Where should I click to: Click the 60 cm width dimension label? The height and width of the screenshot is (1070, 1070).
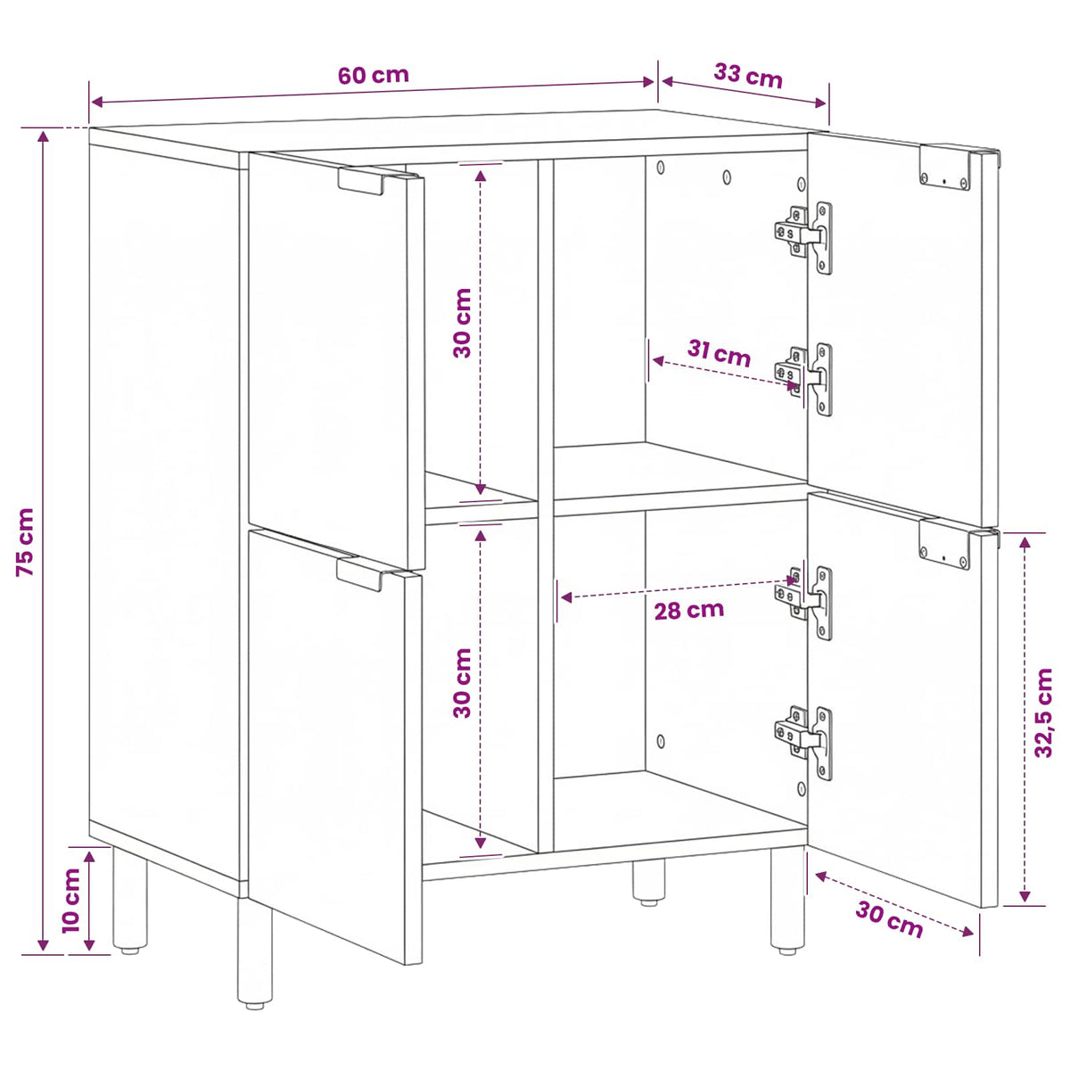(373, 75)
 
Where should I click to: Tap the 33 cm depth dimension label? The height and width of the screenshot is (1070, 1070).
(747, 76)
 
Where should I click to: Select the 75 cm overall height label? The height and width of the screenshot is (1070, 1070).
(26, 542)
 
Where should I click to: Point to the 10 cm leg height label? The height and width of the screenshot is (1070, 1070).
(71, 901)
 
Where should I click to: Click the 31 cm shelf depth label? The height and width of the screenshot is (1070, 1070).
(719, 353)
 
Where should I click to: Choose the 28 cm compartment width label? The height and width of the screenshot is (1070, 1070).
(688, 611)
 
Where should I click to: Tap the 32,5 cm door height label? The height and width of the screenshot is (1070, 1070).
(1043, 712)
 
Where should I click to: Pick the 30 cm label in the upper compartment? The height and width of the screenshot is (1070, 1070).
(462, 323)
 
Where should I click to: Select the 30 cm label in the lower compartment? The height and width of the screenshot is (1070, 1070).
(462, 683)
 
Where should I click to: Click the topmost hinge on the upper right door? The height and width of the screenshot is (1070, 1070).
(803, 237)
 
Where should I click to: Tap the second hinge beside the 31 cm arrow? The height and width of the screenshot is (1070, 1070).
(803, 379)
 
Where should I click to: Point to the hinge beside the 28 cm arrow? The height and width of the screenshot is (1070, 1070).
(803, 603)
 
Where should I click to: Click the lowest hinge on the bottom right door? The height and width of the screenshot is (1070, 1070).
(803, 743)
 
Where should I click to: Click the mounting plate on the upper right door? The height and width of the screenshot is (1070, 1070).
(944, 167)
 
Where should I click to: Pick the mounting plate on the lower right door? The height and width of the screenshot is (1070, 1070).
(944, 544)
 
